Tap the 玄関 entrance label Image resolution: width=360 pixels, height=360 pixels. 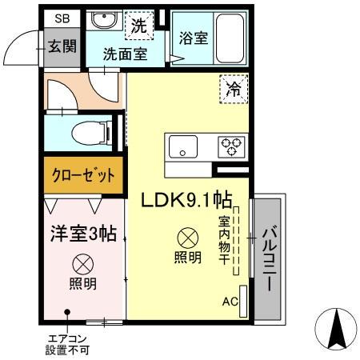[62, 46]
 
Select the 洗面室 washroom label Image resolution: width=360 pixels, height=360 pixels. [123, 56]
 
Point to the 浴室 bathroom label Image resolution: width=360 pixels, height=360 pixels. [194, 38]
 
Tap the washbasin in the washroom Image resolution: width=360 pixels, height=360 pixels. [102, 22]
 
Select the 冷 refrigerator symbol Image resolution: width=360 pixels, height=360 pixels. [234, 90]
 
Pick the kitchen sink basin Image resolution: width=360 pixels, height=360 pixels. [182, 146]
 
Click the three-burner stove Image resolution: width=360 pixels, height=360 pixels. [232, 146]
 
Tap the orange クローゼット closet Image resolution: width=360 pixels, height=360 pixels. [84, 176]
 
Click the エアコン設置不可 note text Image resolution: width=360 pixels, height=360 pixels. [68, 344]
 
